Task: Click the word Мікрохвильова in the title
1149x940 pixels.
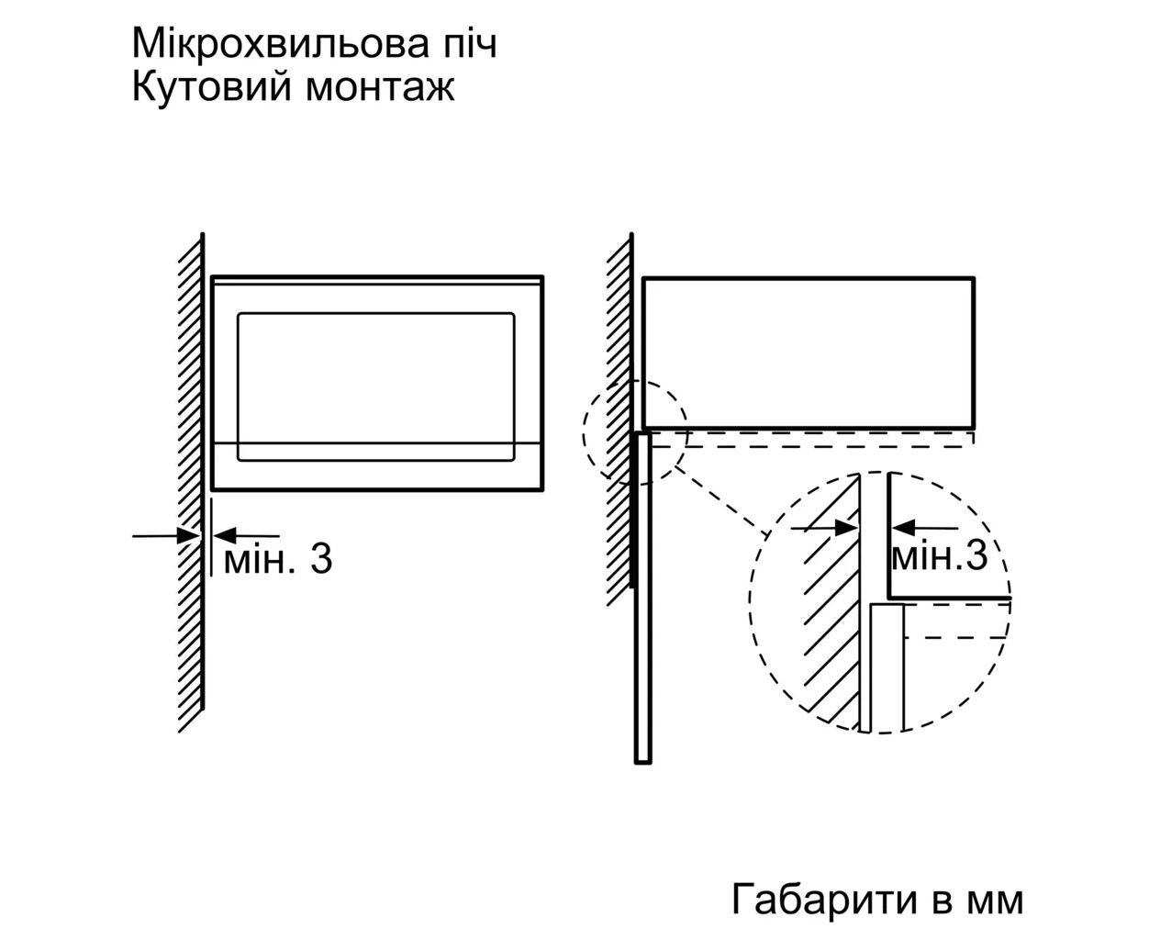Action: coord(280,44)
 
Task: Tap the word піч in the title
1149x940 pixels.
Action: coord(468,44)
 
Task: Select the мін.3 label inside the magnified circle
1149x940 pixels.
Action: coord(939,556)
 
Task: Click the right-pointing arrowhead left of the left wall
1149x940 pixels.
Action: coord(188,536)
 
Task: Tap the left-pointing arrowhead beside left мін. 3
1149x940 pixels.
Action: coord(225,536)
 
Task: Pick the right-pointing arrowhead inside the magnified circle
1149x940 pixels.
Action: coord(847,528)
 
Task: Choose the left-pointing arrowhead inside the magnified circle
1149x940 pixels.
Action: coord(903,528)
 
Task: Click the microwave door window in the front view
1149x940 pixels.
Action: coord(375,386)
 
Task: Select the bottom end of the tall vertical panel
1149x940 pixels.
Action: coord(643,762)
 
